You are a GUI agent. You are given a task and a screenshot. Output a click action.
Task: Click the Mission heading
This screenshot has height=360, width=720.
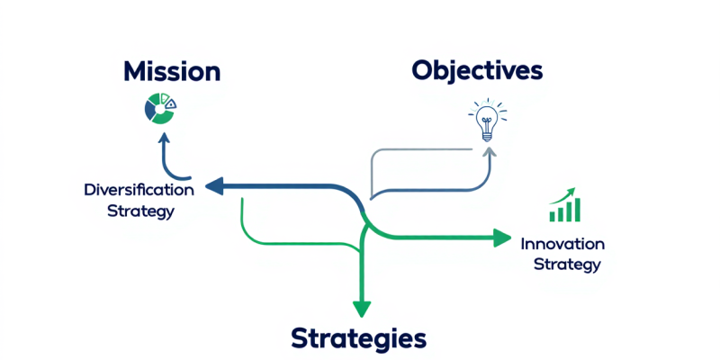tap(171, 71)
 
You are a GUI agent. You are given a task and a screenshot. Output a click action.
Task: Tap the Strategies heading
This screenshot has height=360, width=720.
tap(358, 338)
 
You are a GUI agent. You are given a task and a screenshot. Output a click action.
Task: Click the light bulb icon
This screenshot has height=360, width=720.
tap(487, 121)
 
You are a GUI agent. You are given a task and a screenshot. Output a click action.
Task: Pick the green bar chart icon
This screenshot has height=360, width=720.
tap(565, 205)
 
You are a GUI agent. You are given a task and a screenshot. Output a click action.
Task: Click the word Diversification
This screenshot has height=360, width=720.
tap(139, 191)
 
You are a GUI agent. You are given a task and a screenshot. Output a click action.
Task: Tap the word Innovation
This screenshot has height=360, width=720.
tap(562, 244)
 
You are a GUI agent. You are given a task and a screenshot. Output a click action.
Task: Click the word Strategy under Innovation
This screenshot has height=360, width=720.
tap(566, 265)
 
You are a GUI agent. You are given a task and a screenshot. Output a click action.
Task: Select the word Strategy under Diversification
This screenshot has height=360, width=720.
tap(140, 211)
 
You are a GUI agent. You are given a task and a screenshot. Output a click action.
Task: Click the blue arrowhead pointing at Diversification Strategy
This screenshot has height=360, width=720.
tap(213, 186)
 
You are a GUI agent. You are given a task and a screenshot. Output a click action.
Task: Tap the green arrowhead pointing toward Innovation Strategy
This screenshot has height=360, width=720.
tap(501, 238)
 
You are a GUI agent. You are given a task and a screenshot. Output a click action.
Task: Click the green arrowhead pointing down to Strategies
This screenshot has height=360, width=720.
tap(362, 307)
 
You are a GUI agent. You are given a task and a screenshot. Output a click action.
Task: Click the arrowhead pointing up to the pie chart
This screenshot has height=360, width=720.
tap(163, 139)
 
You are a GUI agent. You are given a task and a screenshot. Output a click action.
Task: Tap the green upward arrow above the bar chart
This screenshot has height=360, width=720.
tap(566, 193)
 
